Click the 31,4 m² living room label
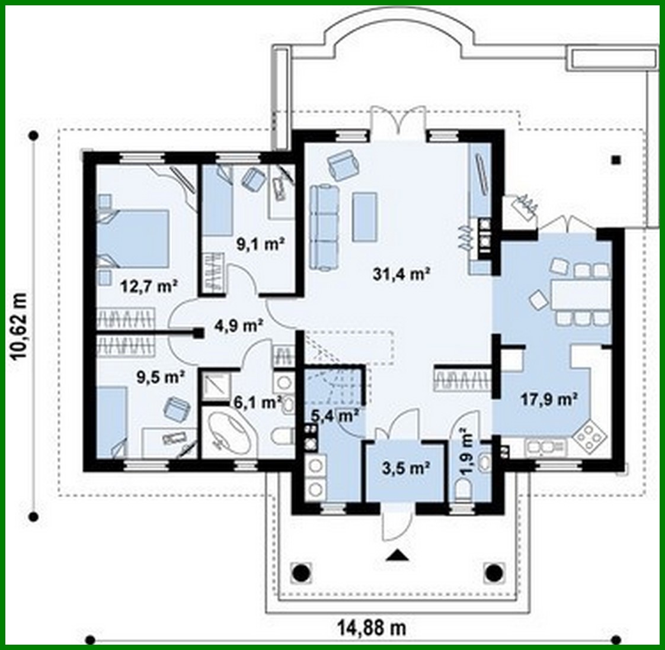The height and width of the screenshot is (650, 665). (401, 273)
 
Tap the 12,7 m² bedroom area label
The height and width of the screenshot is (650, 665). (149, 287)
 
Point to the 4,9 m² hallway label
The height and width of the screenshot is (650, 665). (238, 324)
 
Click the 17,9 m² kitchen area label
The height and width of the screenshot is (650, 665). (549, 399)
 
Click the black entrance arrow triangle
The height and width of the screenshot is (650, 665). (399, 555)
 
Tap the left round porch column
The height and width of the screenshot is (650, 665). (301, 572)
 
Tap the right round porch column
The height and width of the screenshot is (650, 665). (494, 572)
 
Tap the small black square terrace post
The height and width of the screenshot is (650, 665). (616, 159)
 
